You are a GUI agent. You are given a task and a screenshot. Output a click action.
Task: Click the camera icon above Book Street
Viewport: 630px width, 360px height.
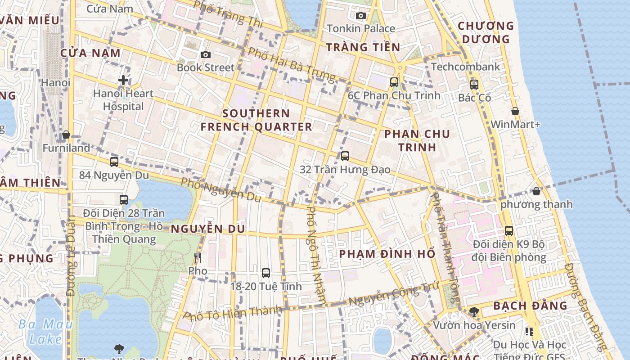pyautogui.click(x=206, y=54)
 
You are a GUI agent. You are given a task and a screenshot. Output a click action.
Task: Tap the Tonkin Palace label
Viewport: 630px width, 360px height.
pyautogui.click(x=360, y=28)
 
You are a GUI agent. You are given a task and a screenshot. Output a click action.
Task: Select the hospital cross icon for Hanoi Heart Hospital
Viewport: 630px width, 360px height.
pyautogui.click(x=123, y=81)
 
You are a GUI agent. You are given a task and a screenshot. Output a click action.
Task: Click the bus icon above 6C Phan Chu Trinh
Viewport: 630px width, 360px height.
pyautogui.click(x=394, y=82)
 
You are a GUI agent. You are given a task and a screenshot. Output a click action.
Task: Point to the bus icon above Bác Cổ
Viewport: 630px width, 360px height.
pyautogui.click(x=474, y=84)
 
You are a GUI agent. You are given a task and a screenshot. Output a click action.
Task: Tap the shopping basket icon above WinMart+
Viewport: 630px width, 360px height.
pyautogui.click(x=515, y=111)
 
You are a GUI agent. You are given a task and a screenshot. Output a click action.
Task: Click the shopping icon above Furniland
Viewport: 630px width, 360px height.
pyautogui.click(x=66, y=135)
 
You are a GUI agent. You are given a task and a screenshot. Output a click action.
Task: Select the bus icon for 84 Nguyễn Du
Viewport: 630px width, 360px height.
pyautogui.click(x=114, y=162)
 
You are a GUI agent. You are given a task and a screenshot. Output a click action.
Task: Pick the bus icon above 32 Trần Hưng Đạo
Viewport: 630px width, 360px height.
pyautogui.click(x=345, y=156)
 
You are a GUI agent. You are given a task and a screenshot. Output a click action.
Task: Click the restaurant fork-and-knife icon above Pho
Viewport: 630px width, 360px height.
pyautogui.click(x=197, y=258)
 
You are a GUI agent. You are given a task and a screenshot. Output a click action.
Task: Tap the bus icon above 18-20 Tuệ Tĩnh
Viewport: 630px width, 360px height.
pyautogui.click(x=266, y=273)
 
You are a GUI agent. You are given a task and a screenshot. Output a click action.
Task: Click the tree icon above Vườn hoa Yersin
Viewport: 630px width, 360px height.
pyautogui.click(x=474, y=311)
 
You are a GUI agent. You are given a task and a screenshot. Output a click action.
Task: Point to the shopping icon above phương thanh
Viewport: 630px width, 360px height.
pyautogui.click(x=536, y=191)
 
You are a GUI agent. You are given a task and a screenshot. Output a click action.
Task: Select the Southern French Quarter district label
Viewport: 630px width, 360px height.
pyautogui.click(x=256, y=120)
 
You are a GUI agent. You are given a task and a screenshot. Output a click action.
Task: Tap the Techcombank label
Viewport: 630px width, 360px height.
pyautogui.click(x=465, y=67)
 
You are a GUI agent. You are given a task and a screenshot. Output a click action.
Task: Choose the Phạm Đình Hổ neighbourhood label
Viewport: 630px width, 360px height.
pyautogui.click(x=387, y=254)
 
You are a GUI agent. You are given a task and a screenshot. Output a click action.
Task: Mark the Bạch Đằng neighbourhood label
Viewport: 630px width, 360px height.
pyautogui.click(x=530, y=306)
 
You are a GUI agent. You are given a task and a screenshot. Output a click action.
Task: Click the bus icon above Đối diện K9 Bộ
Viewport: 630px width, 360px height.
pyautogui.click(x=509, y=231)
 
